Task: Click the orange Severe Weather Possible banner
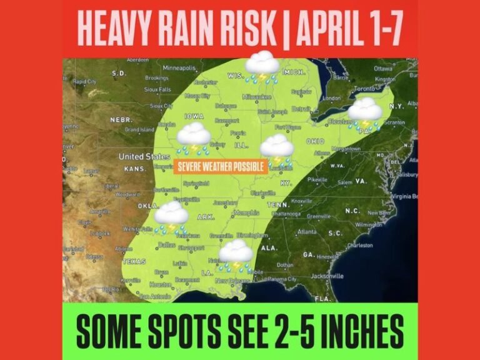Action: click(222, 167)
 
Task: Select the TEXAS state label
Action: click(134, 261)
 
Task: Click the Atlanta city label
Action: click(307, 231)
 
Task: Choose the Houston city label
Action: click(161, 284)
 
